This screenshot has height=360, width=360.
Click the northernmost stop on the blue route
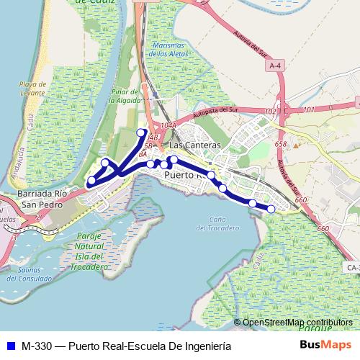point(141,132)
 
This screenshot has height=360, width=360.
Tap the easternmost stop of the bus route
point(271,209)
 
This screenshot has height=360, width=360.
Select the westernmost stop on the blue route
point(91,180)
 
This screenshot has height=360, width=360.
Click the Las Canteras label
point(189,145)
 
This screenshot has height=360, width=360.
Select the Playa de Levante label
point(32,89)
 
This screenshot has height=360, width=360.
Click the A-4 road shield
point(274,66)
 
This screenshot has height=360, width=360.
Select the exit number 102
point(271,111)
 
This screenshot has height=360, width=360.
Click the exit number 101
point(310,109)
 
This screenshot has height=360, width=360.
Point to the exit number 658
point(280,144)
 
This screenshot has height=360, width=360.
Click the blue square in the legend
point(10,346)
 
